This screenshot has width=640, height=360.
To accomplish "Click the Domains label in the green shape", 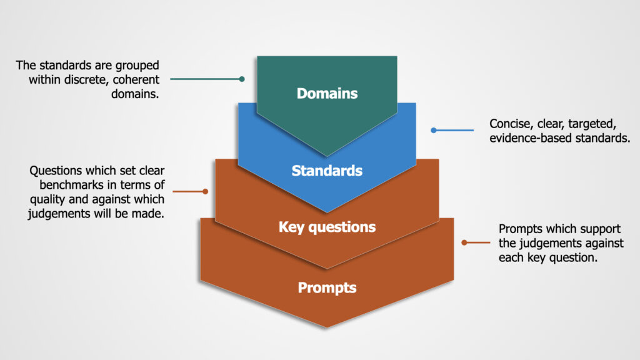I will [327, 94].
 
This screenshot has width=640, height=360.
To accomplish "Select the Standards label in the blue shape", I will [327, 170].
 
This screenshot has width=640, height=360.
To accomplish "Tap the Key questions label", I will [327, 227].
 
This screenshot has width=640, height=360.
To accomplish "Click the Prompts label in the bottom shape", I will [327, 287].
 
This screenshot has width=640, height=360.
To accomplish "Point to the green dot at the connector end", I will [242, 79].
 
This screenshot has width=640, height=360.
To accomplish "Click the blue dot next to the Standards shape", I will [433, 130].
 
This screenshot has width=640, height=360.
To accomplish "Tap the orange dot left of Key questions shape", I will [205, 192].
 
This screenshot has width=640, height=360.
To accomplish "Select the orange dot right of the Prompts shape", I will [464, 242].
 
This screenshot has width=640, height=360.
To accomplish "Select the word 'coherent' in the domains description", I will [136, 79].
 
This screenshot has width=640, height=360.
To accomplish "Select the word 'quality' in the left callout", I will [49, 199].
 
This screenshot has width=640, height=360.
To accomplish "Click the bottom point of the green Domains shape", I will [327, 155].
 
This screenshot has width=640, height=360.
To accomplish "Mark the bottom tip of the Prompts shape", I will [327, 326].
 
